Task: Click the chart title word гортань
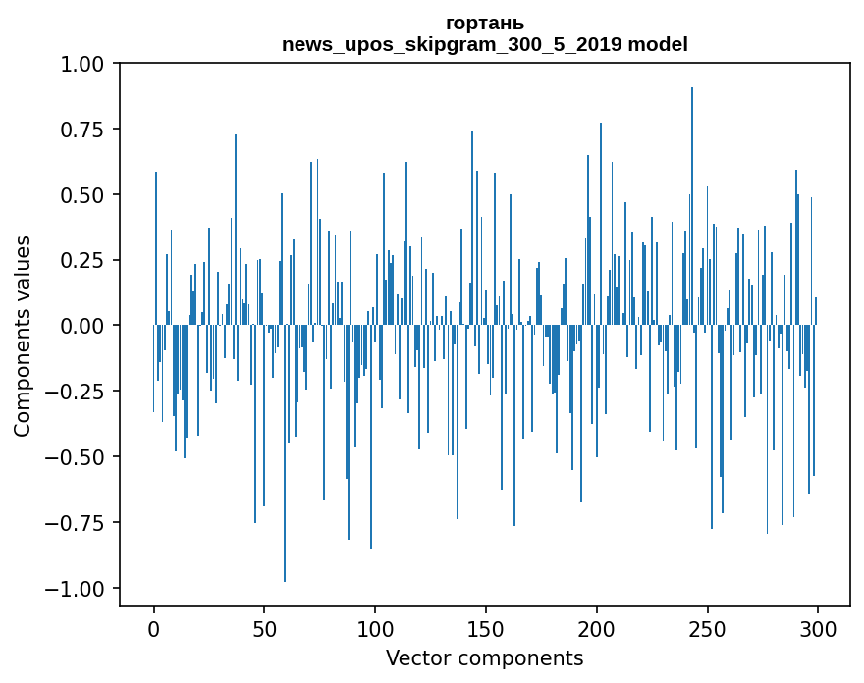[484, 23]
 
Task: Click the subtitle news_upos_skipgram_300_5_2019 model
[484, 44]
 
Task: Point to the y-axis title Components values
[23, 336]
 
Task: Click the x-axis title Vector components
[484, 657]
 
